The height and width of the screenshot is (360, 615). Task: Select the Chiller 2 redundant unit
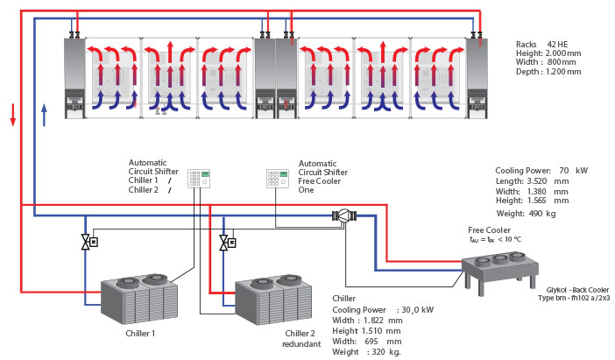(x=272, y=303)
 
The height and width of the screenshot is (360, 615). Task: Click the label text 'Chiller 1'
(x=141, y=333)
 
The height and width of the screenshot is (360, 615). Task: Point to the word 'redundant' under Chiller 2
(x=301, y=343)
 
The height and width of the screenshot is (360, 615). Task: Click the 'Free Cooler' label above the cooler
(x=489, y=229)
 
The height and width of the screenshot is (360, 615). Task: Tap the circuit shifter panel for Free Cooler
(x=278, y=178)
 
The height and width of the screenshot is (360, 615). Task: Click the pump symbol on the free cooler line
(x=343, y=215)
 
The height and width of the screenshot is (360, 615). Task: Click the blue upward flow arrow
(x=44, y=113)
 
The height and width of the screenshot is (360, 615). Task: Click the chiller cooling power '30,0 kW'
(x=419, y=309)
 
